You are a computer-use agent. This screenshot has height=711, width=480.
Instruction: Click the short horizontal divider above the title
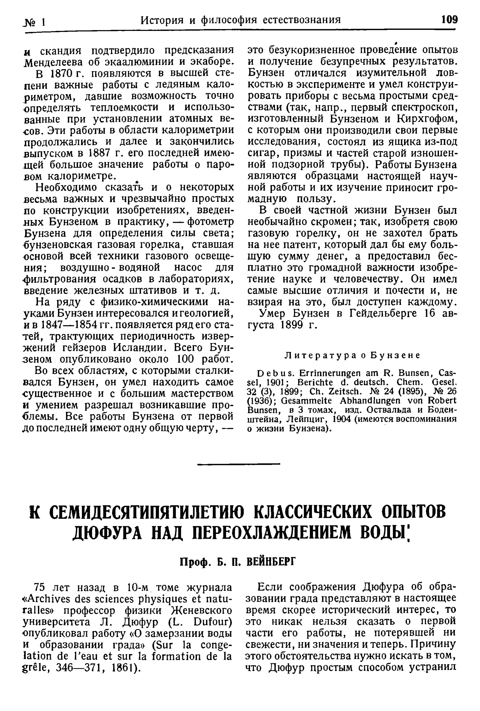tap(239, 465)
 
